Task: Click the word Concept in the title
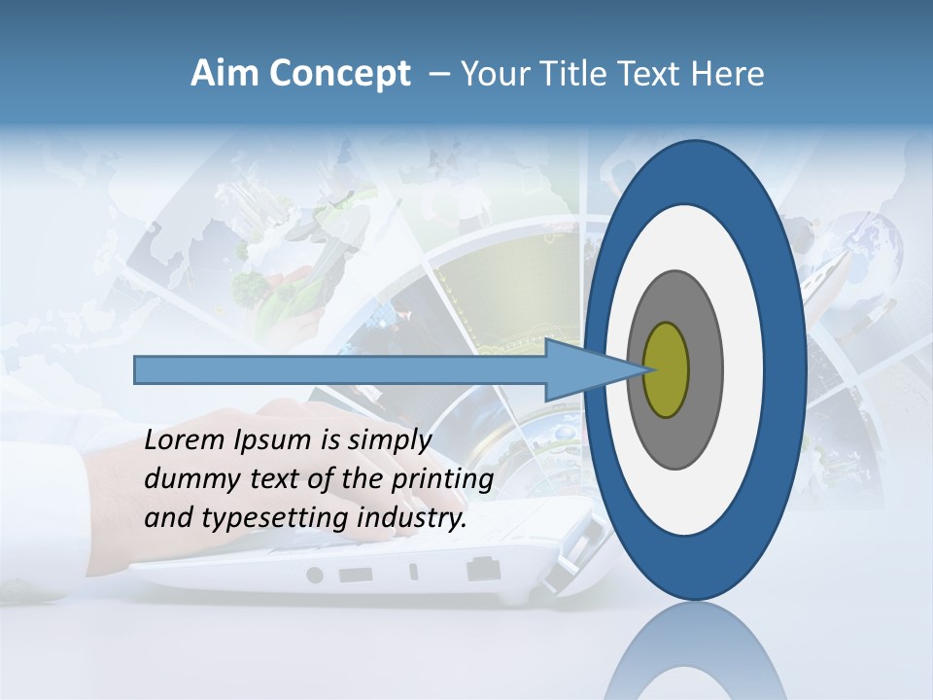coord(339,74)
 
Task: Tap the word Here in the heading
coord(727,74)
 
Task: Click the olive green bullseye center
coord(666,369)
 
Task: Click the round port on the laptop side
coord(314,575)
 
